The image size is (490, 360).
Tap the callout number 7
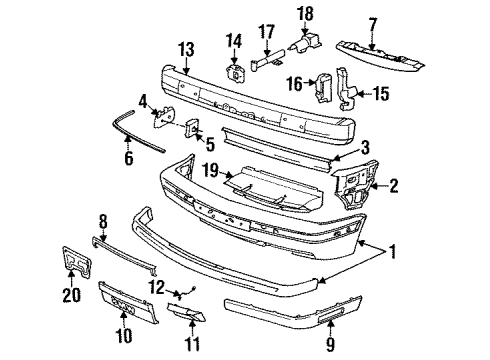point(372,22)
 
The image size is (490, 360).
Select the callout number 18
point(304,13)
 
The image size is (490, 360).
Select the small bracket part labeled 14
point(237,73)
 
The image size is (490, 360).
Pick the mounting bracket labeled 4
point(162,118)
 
